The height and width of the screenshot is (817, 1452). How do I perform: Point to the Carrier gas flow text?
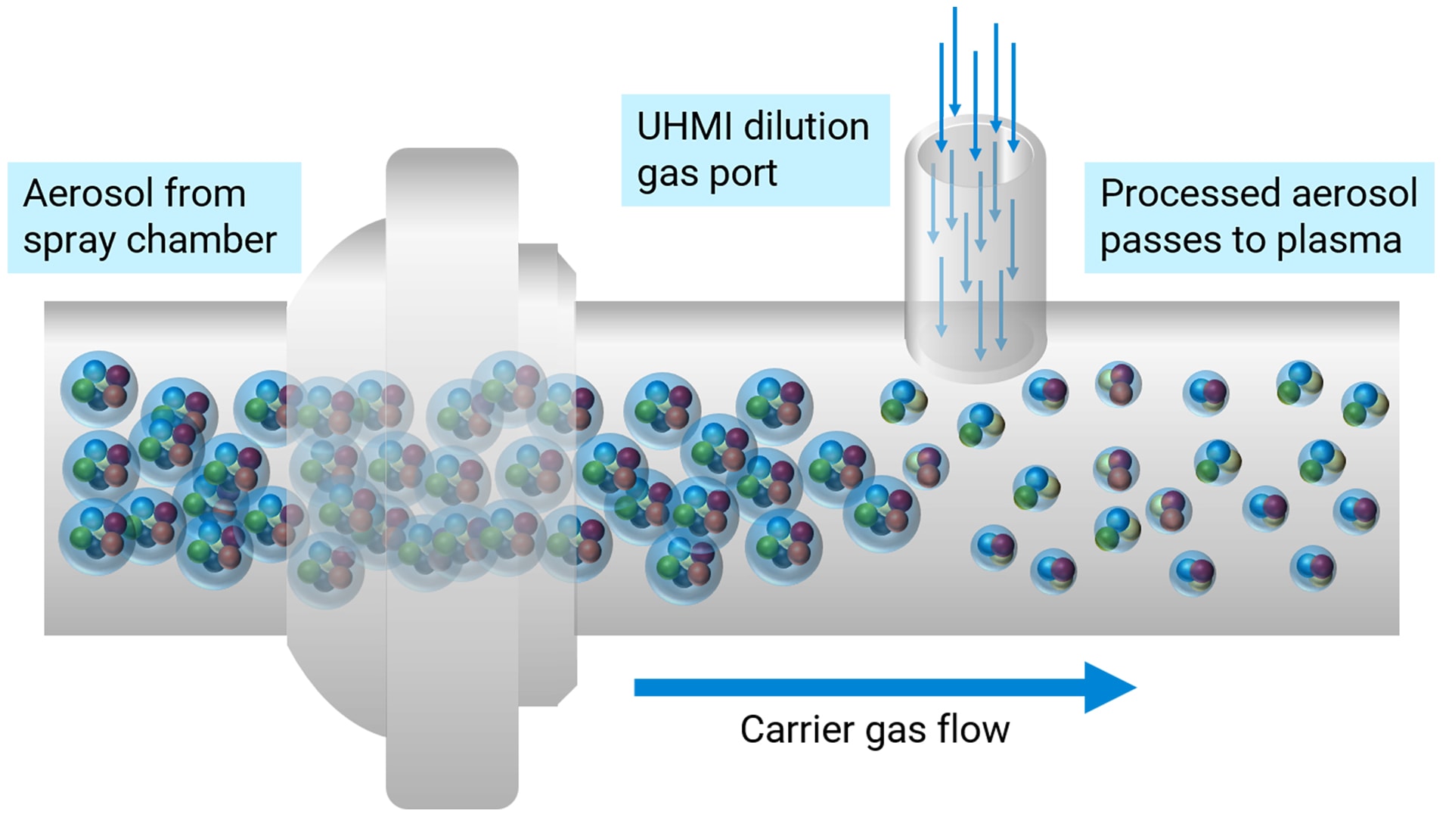point(874,730)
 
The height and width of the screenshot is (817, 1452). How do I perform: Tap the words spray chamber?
point(150,241)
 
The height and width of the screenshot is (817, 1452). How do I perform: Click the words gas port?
point(706,174)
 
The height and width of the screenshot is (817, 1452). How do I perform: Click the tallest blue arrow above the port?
point(955,61)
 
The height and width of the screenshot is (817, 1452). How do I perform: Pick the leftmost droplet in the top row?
point(99,388)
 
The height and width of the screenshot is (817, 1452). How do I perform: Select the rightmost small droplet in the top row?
point(1365,405)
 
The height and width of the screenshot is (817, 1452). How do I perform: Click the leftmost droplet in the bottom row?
point(97,536)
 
